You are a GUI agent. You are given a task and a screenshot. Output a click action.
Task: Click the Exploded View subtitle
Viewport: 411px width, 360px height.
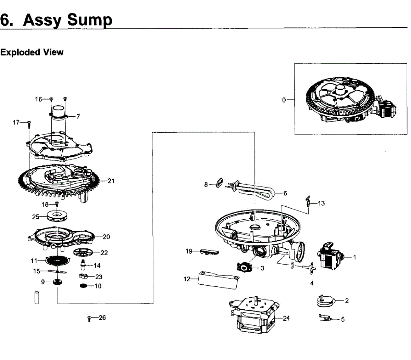pyautogui.click(x=32, y=52)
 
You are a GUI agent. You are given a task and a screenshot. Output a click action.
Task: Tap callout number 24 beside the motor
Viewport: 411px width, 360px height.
pyautogui.click(x=286, y=318)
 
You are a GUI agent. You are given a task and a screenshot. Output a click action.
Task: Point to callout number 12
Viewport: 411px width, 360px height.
pyautogui.click(x=187, y=279)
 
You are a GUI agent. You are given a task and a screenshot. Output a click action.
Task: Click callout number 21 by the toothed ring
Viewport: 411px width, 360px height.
pyautogui.click(x=111, y=181)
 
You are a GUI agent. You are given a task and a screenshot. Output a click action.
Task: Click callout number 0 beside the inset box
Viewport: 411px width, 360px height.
pyautogui.click(x=284, y=100)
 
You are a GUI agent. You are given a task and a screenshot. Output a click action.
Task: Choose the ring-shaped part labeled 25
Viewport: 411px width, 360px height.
pyautogui.click(x=57, y=217)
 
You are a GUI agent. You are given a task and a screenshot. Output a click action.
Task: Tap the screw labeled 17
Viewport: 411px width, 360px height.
pyautogui.click(x=29, y=124)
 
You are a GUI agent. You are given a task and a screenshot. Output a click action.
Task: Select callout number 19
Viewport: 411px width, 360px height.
pyautogui.click(x=189, y=251)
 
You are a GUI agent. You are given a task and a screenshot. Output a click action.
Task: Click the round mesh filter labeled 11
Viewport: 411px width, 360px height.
pyautogui.click(x=57, y=260)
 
